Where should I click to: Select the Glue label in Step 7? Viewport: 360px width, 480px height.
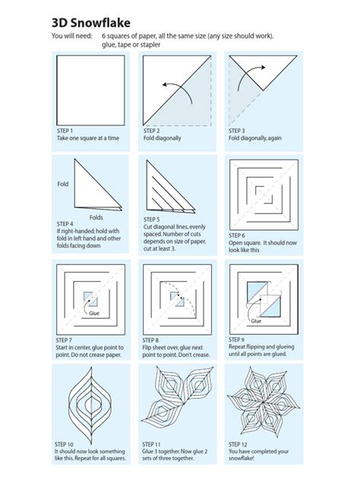pyautogui.click(x=95, y=312)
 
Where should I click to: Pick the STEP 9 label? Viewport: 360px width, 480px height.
pyautogui.click(x=239, y=339)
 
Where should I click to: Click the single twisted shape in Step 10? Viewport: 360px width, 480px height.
pyautogui.click(x=91, y=399)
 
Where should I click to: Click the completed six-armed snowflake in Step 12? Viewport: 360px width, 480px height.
pyautogui.click(x=265, y=397)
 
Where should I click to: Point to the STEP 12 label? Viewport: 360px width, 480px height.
pyautogui.click(x=241, y=443)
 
